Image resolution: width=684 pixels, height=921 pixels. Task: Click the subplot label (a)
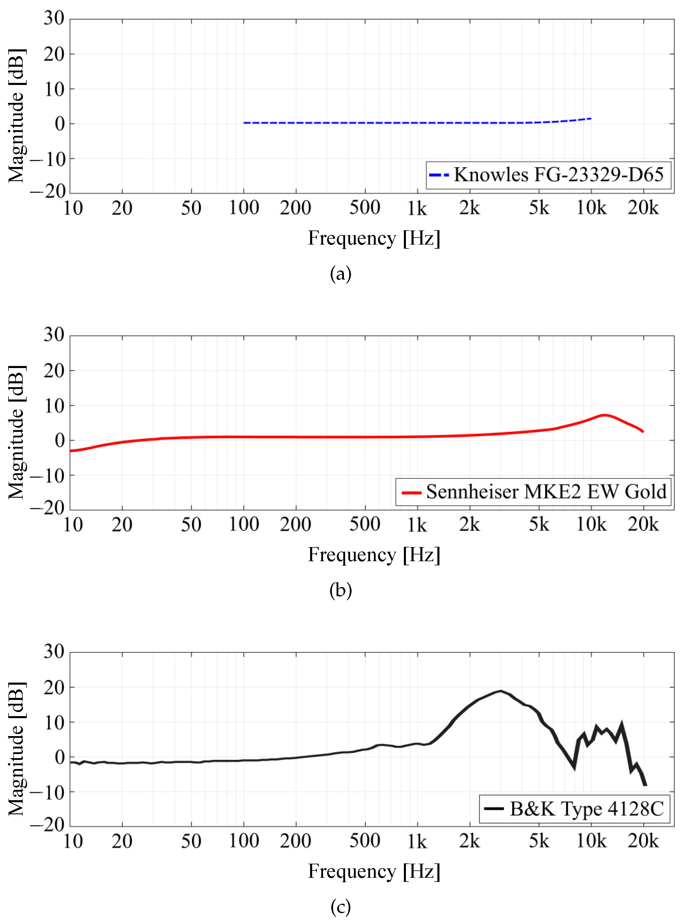click(x=340, y=274)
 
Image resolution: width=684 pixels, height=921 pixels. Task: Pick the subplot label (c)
click(x=340, y=907)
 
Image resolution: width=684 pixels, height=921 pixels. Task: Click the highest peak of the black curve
click(x=500, y=691)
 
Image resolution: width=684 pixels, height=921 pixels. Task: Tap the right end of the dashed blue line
click(x=591, y=119)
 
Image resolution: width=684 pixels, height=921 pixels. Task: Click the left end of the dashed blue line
click(x=244, y=123)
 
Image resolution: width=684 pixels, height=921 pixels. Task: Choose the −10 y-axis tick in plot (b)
click(x=48, y=475)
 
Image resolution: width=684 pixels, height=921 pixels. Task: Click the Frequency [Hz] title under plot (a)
click(x=374, y=238)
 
